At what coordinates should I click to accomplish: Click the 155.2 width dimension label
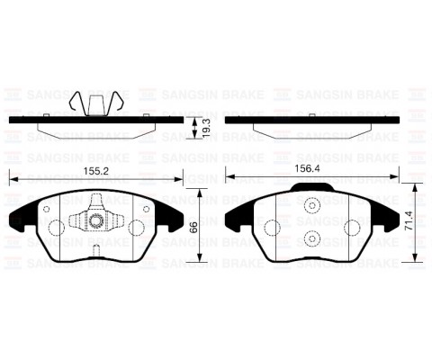[x=96, y=171]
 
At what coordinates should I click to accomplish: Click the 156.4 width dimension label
[x=307, y=168]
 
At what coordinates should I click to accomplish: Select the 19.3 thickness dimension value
[x=206, y=128]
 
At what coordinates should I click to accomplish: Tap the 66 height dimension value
[x=193, y=227]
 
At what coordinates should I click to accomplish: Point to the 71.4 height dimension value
[x=409, y=220]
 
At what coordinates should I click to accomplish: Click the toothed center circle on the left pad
[x=96, y=221]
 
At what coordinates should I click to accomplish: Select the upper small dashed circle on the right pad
[x=312, y=206]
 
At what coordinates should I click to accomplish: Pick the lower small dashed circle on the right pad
[x=312, y=238]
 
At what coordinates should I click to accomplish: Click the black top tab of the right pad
[x=312, y=187]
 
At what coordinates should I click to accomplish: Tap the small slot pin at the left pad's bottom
[x=96, y=250]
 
